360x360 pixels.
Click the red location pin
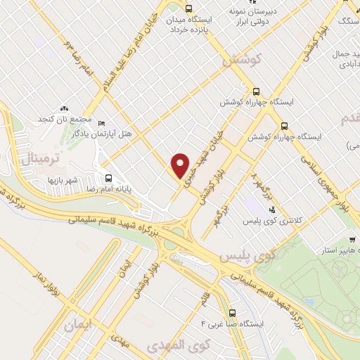tap(181, 165)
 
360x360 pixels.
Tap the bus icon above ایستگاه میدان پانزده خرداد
tap(188, 8)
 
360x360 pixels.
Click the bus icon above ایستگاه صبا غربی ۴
tap(233, 313)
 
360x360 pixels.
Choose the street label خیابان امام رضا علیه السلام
tap(134, 50)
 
